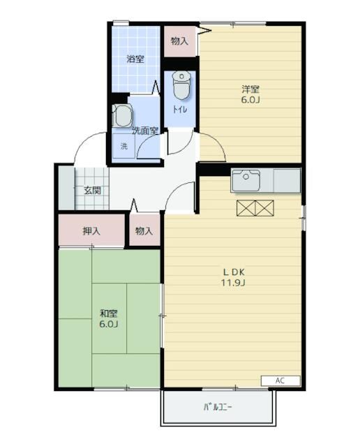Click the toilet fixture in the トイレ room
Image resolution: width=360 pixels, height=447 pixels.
click(181, 85)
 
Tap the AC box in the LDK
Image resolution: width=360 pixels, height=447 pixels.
click(280, 381)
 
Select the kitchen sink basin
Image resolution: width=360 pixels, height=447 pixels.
click(246, 181)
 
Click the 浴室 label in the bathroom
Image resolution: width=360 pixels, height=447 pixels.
click(135, 59)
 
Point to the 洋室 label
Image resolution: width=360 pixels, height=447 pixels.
click(250, 89)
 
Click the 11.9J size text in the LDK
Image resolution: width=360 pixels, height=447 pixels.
click(234, 282)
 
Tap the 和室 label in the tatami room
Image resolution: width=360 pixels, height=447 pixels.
click(109, 314)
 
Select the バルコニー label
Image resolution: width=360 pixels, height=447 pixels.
click(218, 406)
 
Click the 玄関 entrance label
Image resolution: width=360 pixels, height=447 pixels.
click(92, 190)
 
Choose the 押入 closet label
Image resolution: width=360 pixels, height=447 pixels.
click(91, 230)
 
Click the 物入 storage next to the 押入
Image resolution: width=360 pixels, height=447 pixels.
click(144, 230)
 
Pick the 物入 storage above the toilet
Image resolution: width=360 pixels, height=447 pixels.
click(180, 41)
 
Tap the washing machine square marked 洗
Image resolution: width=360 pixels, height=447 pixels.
click(124, 146)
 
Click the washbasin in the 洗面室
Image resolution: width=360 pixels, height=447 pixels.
click(122, 115)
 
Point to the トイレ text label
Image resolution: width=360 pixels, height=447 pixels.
click(180, 110)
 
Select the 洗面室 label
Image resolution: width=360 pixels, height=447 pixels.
click(145, 131)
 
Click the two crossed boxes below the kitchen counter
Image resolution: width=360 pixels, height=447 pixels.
click(255, 208)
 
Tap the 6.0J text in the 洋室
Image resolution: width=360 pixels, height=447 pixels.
click(250, 100)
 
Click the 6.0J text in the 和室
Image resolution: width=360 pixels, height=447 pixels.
click(109, 324)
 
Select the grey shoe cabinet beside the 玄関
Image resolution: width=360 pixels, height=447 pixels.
click(67, 188)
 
